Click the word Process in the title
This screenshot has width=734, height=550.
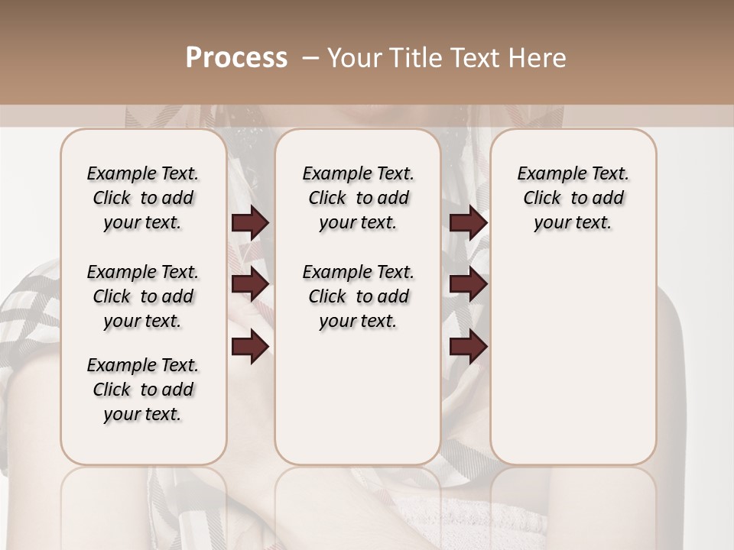pyautogui.click(x=236, y=58)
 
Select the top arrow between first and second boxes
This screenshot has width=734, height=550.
pyautogui.click(x=250, y=223)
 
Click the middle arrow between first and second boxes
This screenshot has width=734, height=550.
pyautogui.click(x=250, y=285)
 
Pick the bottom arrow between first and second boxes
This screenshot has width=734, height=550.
pyautogui.click(x=250, y=347)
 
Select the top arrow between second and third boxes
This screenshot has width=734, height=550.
pyautogui.click(x=468, y=223)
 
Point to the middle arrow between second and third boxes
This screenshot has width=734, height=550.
pyautogui.click(x=468, y=285)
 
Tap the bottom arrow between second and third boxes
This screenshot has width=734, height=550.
pyautogui.click(x=468, y=347)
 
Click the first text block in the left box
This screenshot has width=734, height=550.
pyautogui.click(x=143, y=198)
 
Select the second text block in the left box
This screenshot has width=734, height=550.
pyautogui.click(x=143, y=296)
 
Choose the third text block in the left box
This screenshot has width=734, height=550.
pyautogui.click(x=143, y=390)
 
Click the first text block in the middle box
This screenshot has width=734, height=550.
pyautogui.click(x=358, y=198)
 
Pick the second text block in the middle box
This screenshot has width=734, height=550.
pyautogui.click(x=358, y=296)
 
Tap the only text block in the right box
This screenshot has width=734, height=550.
pyautogui.click(x=573, y=198)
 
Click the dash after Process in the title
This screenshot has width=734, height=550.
pyautogui.click(x=310, y=58)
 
